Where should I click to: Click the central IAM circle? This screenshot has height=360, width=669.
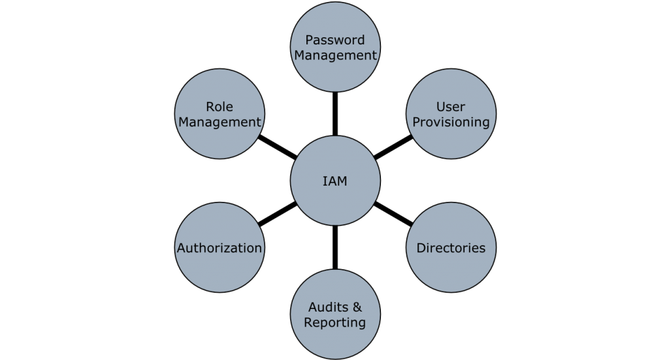tap(335, 182)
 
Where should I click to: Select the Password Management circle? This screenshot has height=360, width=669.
tap(335, 48)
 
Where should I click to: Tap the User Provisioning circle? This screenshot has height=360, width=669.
tap(451, 114)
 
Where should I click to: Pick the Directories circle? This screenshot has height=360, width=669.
tap(451, 248)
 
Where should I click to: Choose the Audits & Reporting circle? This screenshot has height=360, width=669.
tap(335, 315)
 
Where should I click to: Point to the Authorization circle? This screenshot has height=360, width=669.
tap(220, 248)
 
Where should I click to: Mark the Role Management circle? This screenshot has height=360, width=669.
tap(220, 114)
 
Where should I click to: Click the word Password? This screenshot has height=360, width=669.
tap(335, 40)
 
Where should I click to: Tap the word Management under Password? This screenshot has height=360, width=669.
tap(335, 56)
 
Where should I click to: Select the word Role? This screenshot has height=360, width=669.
tap(220, 106)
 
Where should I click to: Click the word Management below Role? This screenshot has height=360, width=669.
tap(220, 122)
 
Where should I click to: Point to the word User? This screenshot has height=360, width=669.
tap(451, 106)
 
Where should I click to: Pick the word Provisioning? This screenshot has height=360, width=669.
tap(451, 122)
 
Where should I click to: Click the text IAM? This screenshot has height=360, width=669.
tap(335, 182)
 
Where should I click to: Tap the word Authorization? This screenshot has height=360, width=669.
tap(220, 248)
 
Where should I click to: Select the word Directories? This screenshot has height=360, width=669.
tap(451, 248)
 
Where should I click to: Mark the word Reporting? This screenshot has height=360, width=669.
tap(335, 323)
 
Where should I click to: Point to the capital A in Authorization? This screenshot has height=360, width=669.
tap(182, 248)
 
